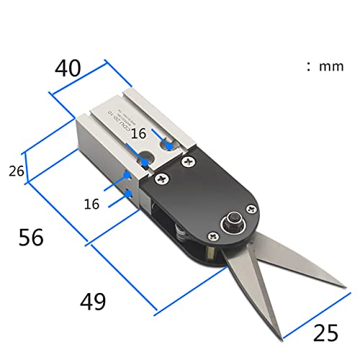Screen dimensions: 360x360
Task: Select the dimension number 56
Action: [31, 236]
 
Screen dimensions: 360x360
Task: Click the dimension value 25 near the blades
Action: [326, 333]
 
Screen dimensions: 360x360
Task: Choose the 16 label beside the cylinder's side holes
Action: [91, 204]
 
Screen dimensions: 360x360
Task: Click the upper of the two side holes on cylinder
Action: [127, 175]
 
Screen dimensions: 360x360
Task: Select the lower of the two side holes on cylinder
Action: [127, 192]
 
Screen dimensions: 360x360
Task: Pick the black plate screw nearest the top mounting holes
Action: [189, 161]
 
